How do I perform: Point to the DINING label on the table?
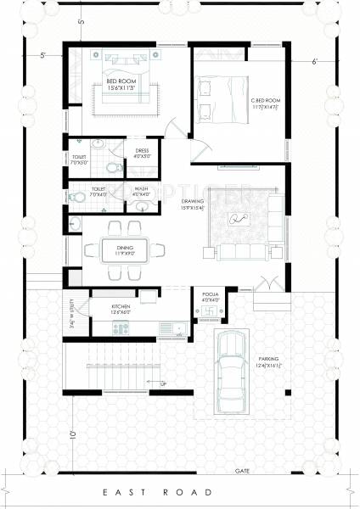pyautogui.click(x=125, y=248)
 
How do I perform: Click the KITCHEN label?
pyautogui.click(x=121, y=308)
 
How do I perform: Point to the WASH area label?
pyautogui.click(x=142, y=191)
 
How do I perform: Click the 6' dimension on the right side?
pyautogui.click(x=314, y=61)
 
